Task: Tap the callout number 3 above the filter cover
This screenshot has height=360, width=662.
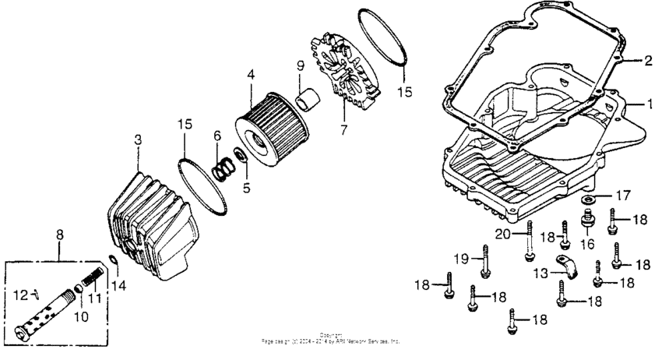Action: click(x=138, y=139)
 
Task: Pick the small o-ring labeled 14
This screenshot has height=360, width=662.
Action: click(x=113, y=261)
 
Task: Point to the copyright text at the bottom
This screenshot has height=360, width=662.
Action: click(x=333, y=340)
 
